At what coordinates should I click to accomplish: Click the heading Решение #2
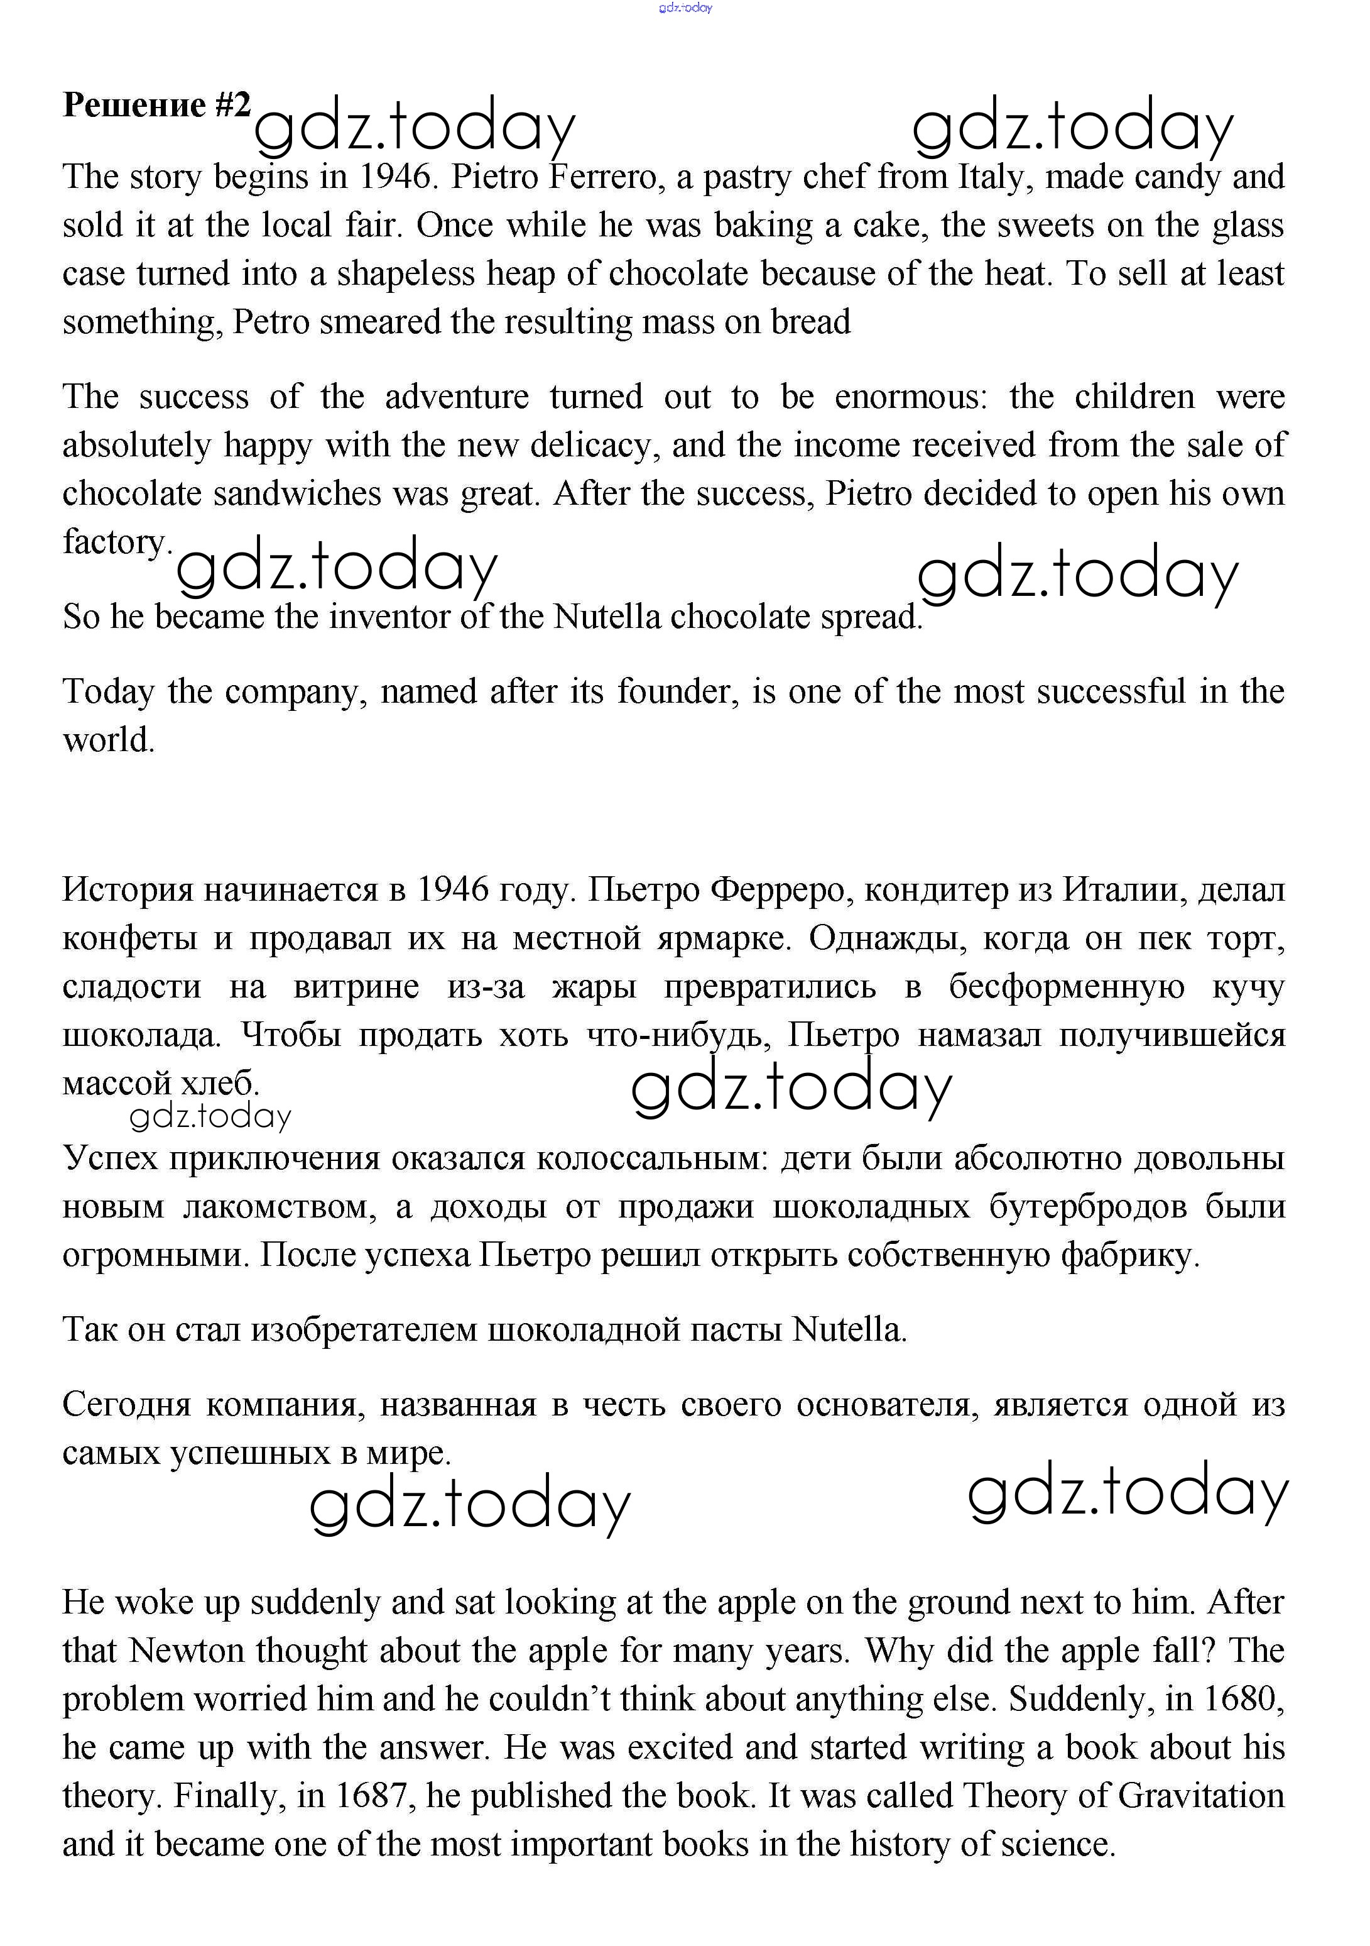(x=157, y=105)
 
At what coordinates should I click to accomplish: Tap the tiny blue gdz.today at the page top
(x=685, y=8)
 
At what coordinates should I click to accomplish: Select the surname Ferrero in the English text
(x=603, y=177)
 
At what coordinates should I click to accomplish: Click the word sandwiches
(x=297, y=493)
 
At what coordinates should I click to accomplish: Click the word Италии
(x=1121, y=890)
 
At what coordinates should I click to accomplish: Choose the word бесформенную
(x=1066, y=987)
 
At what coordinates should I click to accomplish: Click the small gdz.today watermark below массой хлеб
(x=210, y=1116)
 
